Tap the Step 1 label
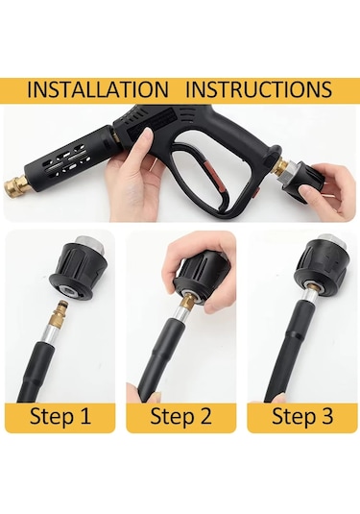click(60, 416)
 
